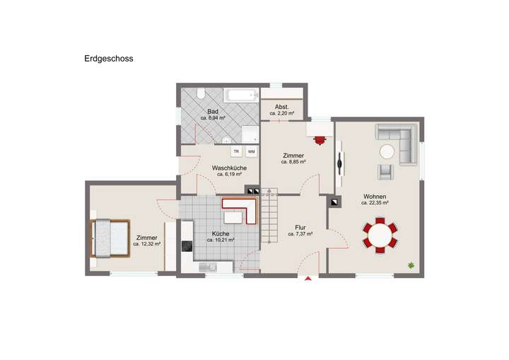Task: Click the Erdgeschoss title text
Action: tap(109, 59)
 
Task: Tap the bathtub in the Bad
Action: tap(240, 95)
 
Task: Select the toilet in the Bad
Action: tap(200, 93)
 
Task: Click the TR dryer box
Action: tap(236, 151)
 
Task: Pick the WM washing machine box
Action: tap(251, 151)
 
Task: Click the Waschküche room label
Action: tap(229, 168)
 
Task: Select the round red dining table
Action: tap(380, 236)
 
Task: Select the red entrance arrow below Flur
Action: tap(308, 279)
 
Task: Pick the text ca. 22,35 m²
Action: tap(375, 203)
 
